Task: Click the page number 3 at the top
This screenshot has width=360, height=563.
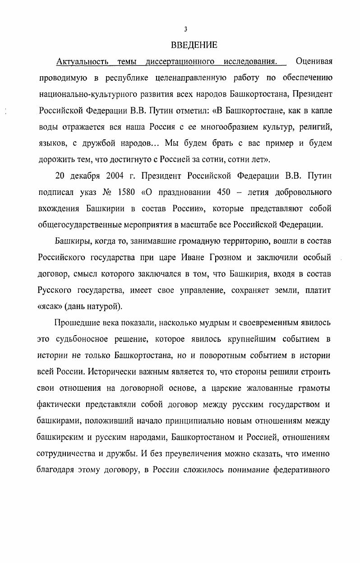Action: pos(185,29)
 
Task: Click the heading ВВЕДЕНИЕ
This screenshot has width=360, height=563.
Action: pos(194,45)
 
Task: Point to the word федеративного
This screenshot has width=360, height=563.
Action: pos(302,470)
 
